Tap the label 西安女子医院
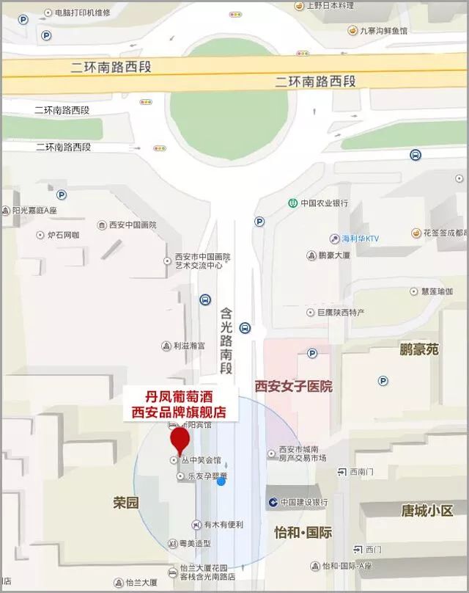pos(293,386)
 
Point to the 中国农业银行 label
pos(323,203)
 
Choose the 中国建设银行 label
pos(303,502)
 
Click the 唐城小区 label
pos(427,510)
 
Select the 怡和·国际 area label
pos(303,532)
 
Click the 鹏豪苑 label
pos(419,349)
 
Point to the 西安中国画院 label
pos(132,225)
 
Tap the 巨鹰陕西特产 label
pos(339,313)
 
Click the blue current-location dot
pos(221,481)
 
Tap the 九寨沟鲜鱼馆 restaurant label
pos(382,30)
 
